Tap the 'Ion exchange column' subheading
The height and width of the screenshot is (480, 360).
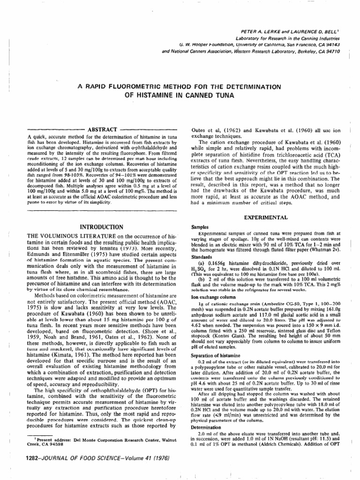coord(215,284)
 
